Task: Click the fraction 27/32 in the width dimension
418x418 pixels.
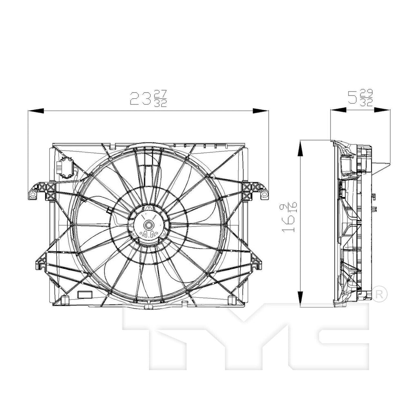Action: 161,98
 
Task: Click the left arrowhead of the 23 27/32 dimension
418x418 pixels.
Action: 35,111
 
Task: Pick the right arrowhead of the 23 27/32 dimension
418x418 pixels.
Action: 260,111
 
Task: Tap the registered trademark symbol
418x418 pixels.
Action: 379,293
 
